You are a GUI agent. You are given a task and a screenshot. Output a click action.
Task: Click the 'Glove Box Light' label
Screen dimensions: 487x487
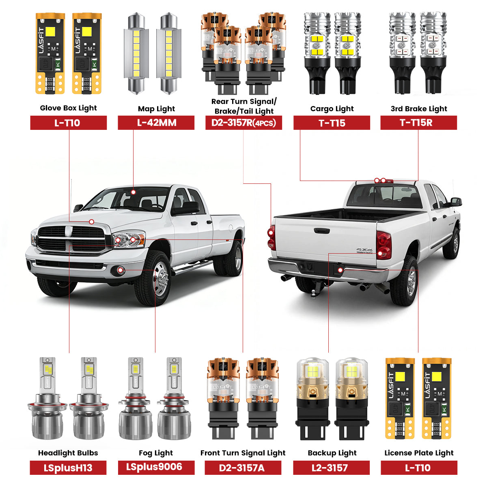pos(68,108)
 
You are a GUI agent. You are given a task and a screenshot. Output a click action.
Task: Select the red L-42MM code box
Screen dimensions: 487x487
pos(156,123)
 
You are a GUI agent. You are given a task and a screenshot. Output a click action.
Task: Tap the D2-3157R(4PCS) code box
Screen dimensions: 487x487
pos(243,123)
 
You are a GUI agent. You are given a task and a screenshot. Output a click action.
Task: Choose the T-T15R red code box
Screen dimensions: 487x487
pos(418,123)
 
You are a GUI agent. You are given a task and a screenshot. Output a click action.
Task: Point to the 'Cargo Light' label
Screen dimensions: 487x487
pos(332,109)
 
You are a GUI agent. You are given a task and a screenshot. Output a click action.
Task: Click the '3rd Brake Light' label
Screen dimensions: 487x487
pos(419,109)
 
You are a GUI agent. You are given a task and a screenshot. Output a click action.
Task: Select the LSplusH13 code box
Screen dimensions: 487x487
pos(68,468)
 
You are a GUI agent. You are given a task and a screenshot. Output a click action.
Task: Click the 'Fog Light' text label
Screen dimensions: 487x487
pos(156,453)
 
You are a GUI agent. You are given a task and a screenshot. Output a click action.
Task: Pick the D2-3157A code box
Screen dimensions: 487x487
pos(243,468)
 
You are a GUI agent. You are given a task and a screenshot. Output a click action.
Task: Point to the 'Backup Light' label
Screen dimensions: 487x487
pos(332,453)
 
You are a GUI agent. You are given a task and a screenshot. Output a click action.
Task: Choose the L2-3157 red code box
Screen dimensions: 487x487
pos(331,468)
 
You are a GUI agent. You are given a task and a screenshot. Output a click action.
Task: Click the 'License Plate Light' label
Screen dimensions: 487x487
pos(419,453)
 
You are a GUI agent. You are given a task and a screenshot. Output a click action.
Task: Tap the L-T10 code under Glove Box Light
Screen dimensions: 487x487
pos(69,123)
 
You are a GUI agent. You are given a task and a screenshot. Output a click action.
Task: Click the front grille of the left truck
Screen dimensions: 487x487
pos(71,239)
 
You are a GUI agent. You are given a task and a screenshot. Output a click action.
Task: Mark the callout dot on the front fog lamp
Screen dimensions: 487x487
pos(121,271)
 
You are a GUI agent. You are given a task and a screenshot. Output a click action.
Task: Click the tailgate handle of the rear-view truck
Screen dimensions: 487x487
pos(322,231)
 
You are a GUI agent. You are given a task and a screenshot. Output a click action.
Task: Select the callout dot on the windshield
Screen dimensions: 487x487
pos(133,192)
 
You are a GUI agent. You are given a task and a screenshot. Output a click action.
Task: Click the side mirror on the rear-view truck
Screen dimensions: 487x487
pos(455,202)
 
